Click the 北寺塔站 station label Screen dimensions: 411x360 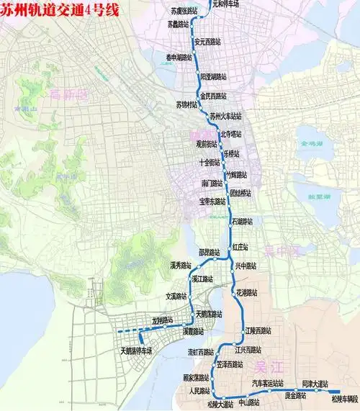[235, 133]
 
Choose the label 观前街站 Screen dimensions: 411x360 [206, 143]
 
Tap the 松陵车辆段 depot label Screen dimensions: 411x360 [342, 397]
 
